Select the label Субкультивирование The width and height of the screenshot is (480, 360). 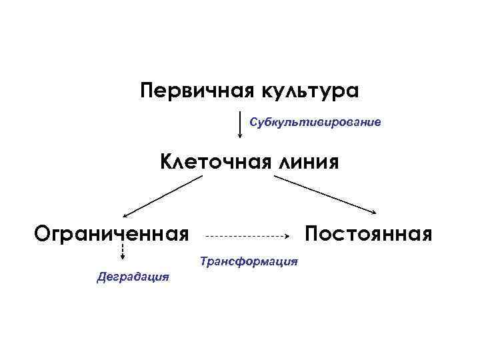315,123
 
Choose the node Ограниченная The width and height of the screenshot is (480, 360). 111,234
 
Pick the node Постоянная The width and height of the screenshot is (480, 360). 369,234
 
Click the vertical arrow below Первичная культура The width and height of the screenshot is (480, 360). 240,125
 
